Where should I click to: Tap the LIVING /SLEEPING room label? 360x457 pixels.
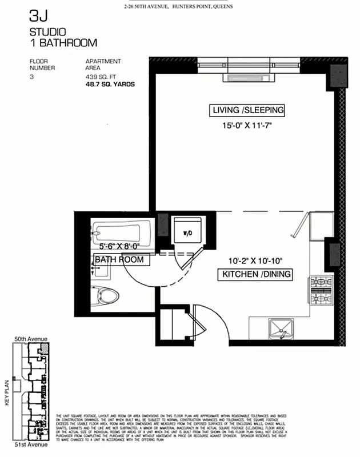pos(247,110)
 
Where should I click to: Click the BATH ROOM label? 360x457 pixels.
pos(118,260)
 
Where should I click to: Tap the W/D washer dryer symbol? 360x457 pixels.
pos(187,232)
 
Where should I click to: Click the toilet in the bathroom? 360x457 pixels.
pos(107,295)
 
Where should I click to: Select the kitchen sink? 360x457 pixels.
pos(281,328)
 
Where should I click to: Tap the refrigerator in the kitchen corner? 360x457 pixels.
pos(322,226)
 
